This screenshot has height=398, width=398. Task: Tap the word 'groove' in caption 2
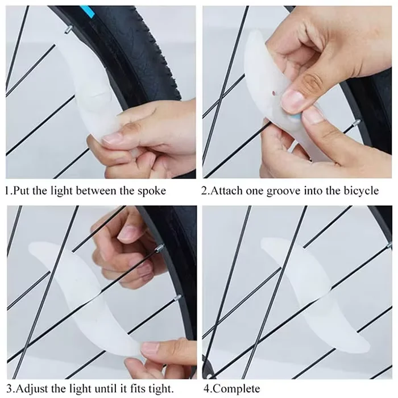point(290,190)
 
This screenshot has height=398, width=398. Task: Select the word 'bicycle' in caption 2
point(360,190)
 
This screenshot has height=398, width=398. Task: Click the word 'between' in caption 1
point(101,190)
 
